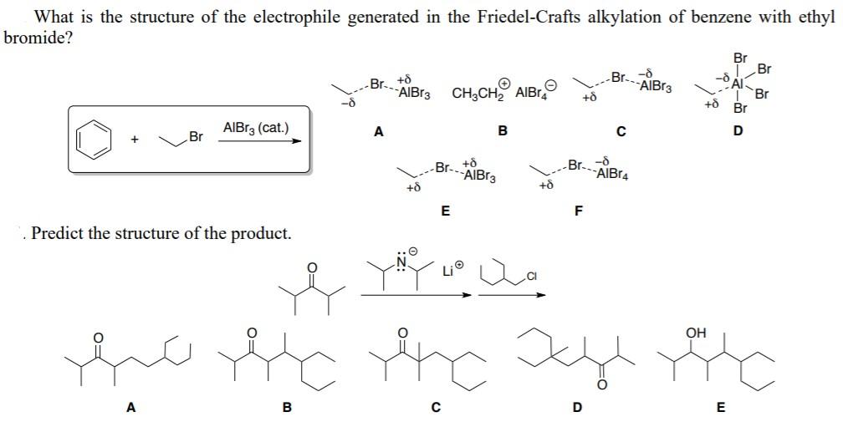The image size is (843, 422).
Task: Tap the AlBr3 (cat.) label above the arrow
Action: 256,128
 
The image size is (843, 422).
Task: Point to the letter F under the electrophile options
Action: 578,211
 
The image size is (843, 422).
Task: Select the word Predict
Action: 59,233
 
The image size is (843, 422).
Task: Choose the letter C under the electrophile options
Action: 620,130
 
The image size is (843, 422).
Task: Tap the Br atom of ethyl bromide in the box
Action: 196,136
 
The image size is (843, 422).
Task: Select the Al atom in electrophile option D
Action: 737,84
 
